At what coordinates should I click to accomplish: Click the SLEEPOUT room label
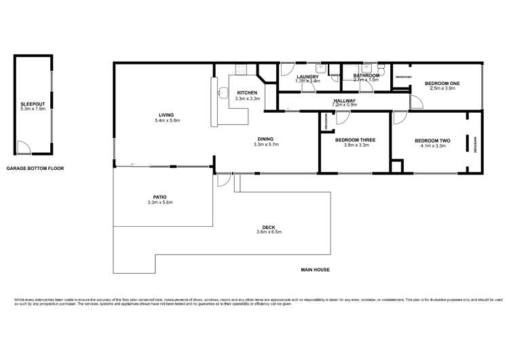click(x=32, y=104)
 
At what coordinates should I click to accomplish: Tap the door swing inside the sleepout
click(x=23, y=147)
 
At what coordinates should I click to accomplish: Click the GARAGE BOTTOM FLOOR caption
click(x=35, y=168)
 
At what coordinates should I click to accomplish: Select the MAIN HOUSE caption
click(x=315, y=270)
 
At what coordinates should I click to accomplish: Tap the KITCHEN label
click(x=246, y=92)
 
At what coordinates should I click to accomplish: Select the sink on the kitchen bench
click(x=222, y=94)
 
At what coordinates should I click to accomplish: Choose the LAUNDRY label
click(x=307, y=76)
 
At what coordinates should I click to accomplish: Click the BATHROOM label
click(x=366, y=75)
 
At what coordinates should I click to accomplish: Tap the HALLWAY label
click(x=345, y=101)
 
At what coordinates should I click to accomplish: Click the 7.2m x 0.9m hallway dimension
click(x=345, y=105)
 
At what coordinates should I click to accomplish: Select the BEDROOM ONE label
click(x=442, y=83)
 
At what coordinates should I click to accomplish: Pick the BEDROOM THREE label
click(x=355, y=140)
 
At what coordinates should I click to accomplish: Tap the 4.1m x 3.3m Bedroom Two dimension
click(x=433, y=145)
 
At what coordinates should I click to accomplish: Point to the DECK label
click(x=274, y=227)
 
